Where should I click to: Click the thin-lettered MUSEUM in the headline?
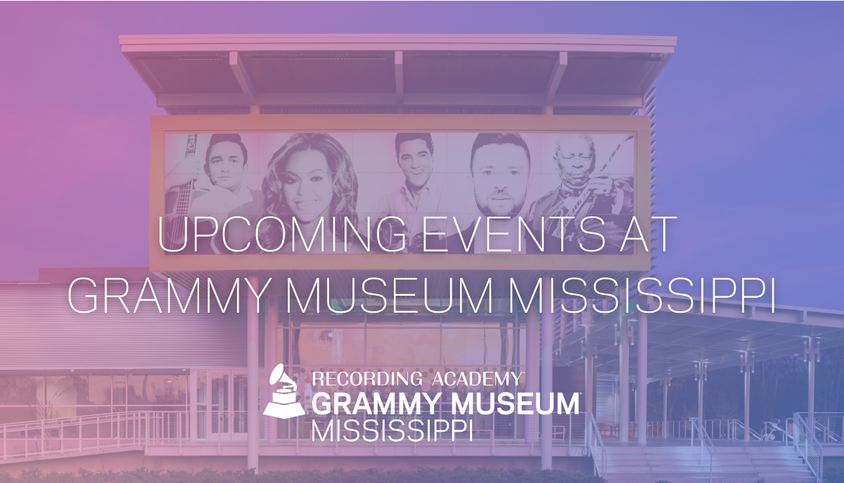coord(389,295)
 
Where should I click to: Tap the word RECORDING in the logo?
coord(367,379)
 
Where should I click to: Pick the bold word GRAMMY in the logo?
coord(378,403)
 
